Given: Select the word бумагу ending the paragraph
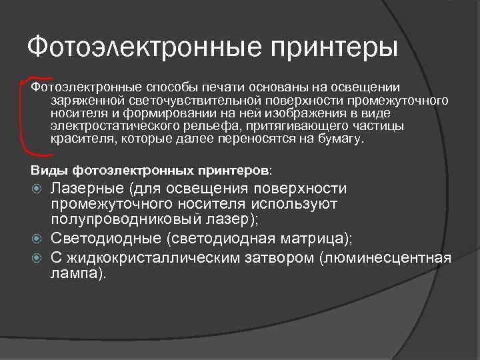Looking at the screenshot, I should click(341, 139).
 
